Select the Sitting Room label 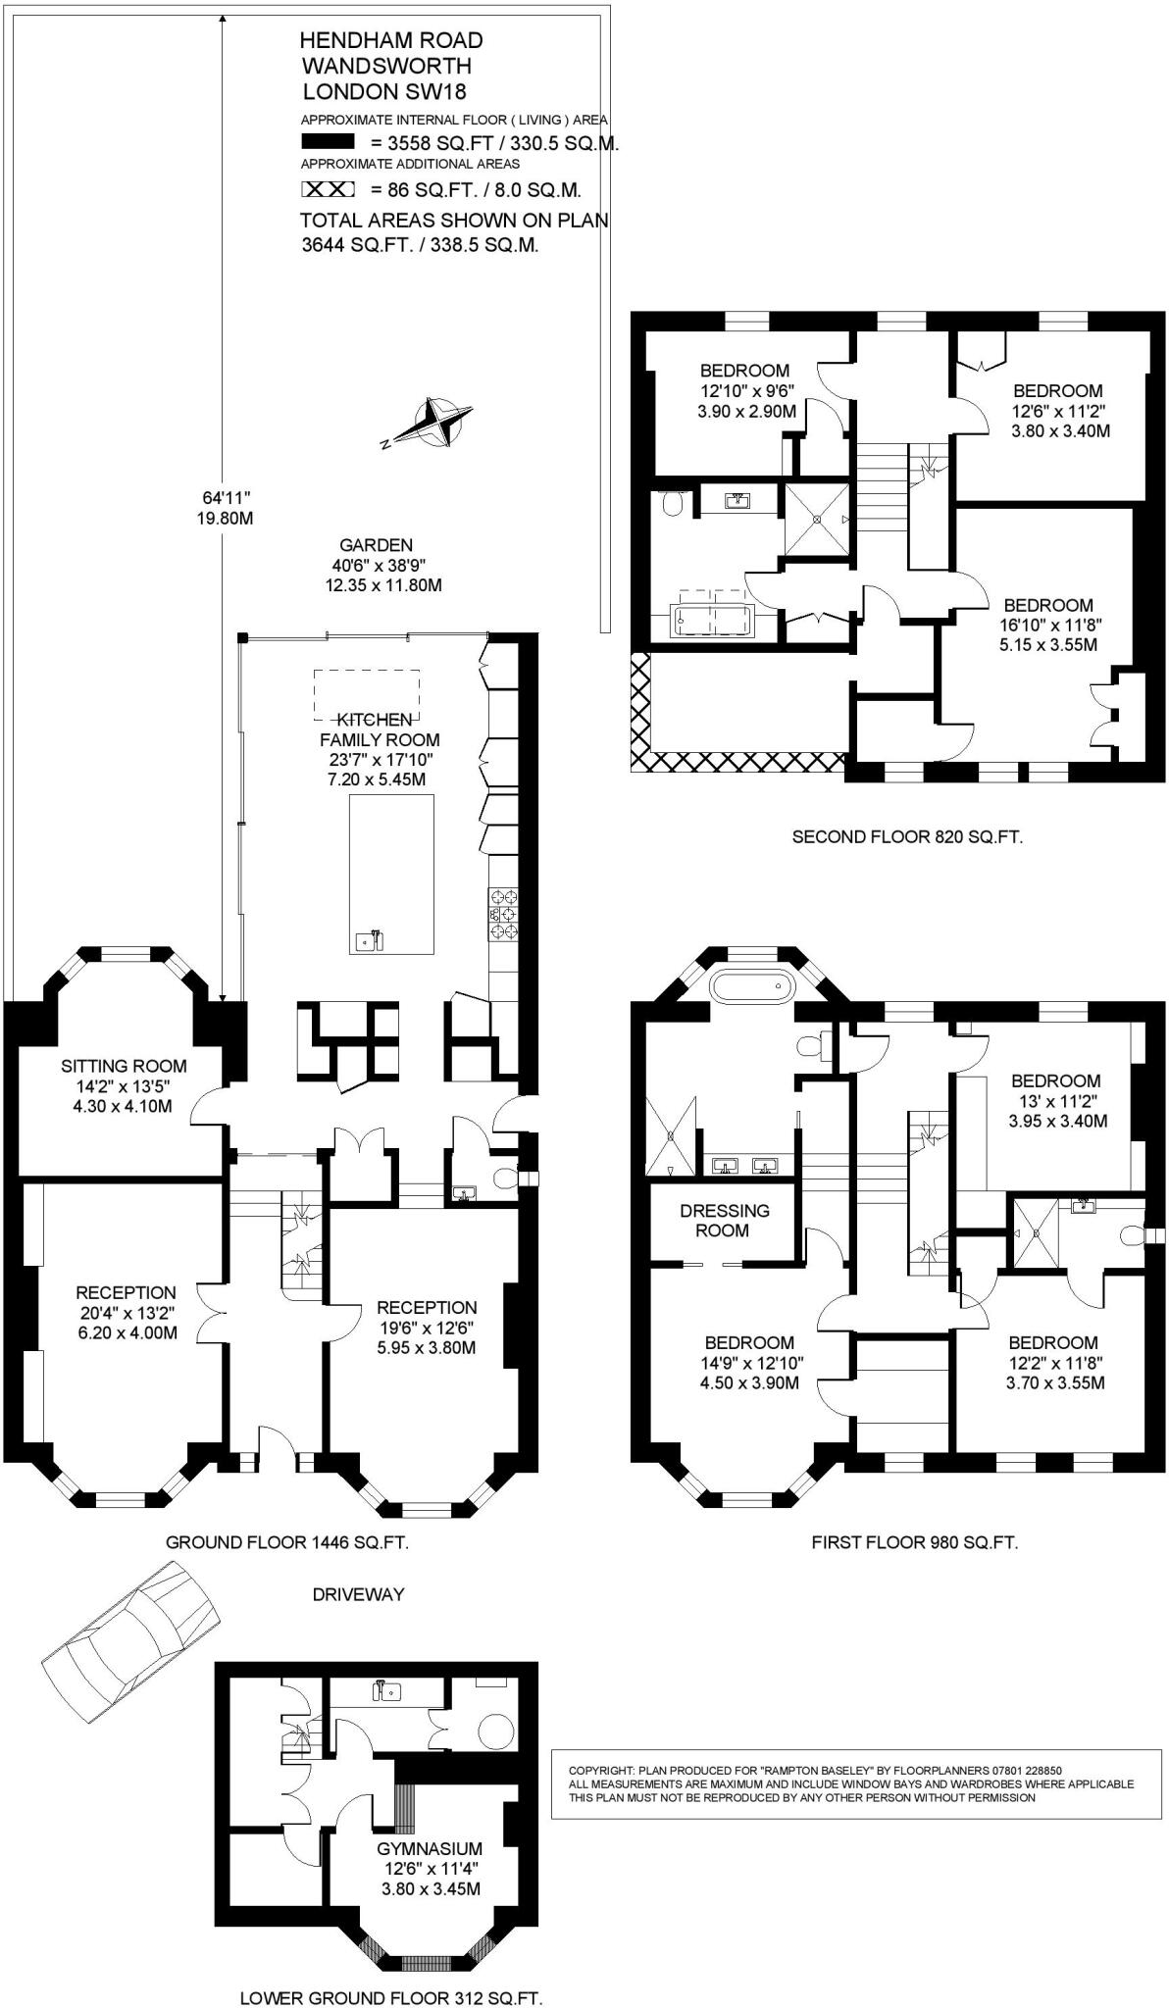coord(124,1066)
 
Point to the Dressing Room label coord(725,1220)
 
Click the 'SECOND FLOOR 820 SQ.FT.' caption coord(907,837)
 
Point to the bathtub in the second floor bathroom coord(713,620)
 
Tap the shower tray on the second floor coord(817,519)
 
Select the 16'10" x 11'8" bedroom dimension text coord(1047,625)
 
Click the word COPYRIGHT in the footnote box coord(598,1770)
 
